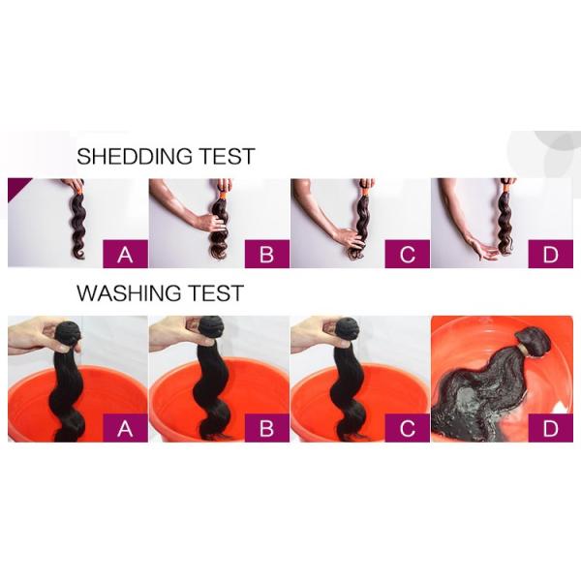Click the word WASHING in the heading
[x=129, y=293]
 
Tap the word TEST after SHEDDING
[x=228, y=156]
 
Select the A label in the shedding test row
[x=125, y=254]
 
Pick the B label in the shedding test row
[x=267, y=254]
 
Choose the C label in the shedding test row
[x=408, y=254]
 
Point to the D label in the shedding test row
[x=550, y=254]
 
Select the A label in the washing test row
[x=125, y=428]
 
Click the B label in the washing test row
[x=267, y=428]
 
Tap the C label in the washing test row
[x=408, y=428]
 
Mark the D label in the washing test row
[x=550, y=428]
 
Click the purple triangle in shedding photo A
[x=15, y=186]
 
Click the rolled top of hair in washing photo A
[x=70, y=331]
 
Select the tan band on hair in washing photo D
[x=525, y=350]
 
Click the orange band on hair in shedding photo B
[x=223, y=195]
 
